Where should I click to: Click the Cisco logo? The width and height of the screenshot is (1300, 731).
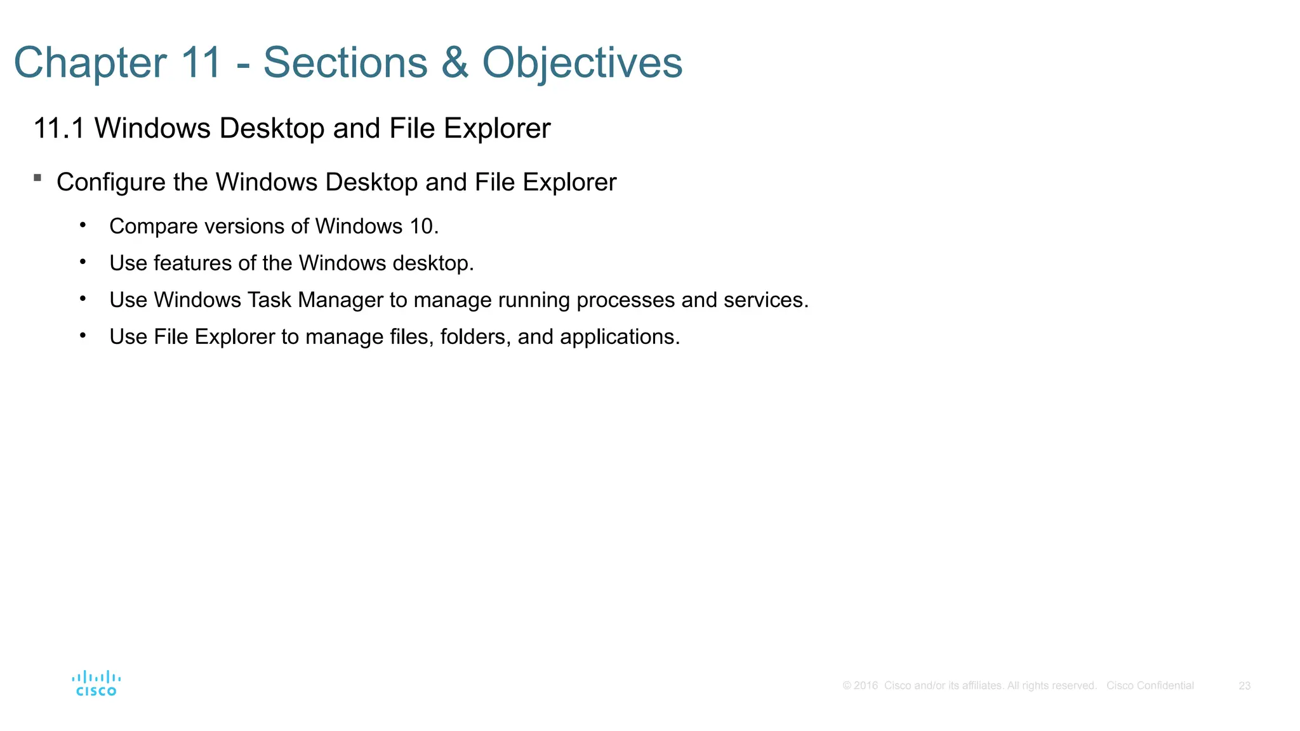[x=96, y=683]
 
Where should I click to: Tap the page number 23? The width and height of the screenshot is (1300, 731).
[x=1244, y=686]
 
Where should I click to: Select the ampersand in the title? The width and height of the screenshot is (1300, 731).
[x=454, y=63]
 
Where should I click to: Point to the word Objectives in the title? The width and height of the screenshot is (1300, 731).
[x=582, y=63]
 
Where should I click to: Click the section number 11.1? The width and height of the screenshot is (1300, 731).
[x=58, y=128]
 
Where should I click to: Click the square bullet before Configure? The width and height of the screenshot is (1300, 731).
[x=38, y=178]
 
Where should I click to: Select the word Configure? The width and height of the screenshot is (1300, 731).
[x=110, y=183]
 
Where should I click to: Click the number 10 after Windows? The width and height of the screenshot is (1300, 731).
[x=421, y=227]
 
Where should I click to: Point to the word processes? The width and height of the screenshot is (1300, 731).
[x=625, y=300]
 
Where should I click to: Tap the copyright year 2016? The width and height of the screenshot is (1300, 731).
[x=866, y=686]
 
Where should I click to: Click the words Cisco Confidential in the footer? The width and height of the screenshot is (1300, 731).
[x=1150, y=686]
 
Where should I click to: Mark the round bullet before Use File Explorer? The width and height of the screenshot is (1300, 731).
[x=83, y=334]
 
